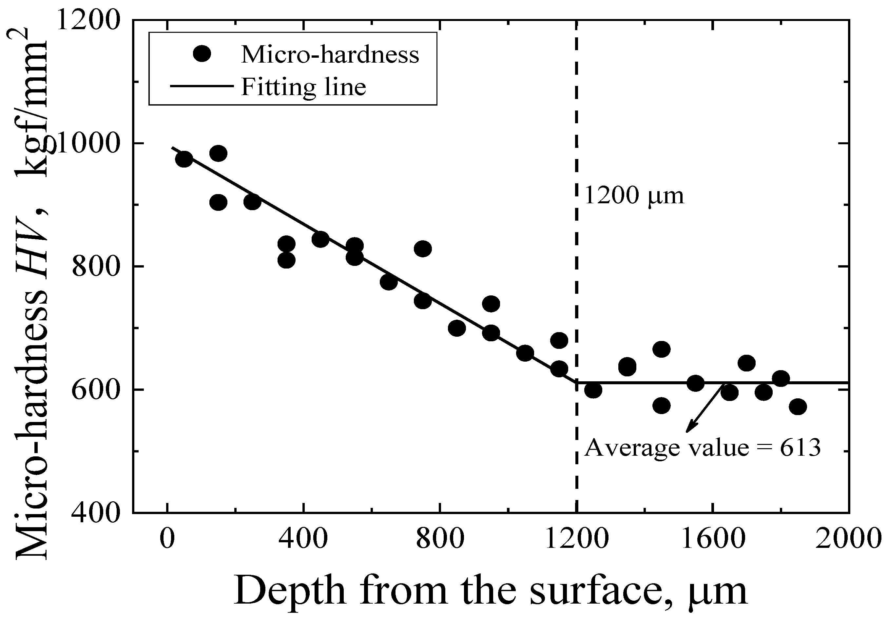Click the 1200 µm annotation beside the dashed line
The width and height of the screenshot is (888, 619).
[x=634, y=195]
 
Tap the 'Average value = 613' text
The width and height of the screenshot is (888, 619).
[x=702, y=448]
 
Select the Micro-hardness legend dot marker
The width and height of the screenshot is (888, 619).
[x=202, y=54]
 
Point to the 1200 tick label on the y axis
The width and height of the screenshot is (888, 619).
[x=88, y=21]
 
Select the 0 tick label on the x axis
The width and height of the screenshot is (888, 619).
[x=167, y=539]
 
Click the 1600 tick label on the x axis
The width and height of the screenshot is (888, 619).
[x=713, y=539]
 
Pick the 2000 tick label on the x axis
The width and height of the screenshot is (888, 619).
[x=849, y=539]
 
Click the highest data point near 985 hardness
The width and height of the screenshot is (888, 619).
[x=218, y=153]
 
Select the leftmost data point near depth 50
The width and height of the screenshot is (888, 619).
[x=184, y=159]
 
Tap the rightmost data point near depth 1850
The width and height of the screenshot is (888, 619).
[x=798, y=407]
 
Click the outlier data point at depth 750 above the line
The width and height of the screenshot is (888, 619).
[x=423, y=249]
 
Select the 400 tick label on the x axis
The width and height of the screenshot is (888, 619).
[x=304, y=539]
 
